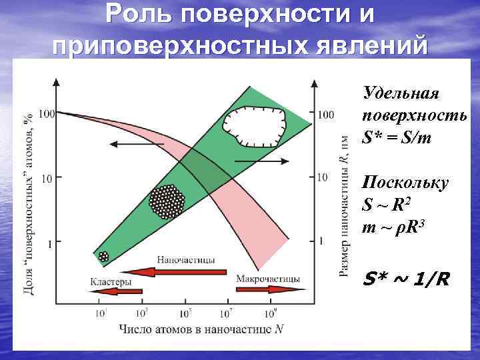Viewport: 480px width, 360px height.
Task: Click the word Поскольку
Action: coord(405,183)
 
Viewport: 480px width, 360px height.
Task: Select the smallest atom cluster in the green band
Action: coord(103,256)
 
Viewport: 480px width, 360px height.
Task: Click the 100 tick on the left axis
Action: coord(47,114)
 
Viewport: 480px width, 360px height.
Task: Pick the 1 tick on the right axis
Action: coord(321,241)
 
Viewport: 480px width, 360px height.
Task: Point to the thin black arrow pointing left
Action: coord(130,143)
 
